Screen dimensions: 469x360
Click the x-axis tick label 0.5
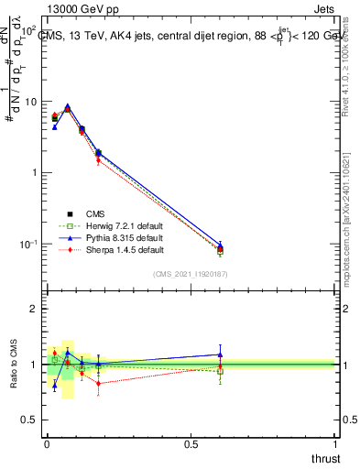click(191, 444)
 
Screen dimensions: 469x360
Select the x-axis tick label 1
click(336, 444)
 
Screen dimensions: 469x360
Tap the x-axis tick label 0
click(47, 444)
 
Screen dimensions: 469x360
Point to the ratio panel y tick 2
click(34, 309)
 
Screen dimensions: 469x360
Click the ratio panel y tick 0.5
click(30, 420)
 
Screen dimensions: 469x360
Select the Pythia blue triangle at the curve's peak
click(67, 105)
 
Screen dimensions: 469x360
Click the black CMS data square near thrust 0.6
click(220, 249)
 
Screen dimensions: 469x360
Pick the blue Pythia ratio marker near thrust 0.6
click(220, 354)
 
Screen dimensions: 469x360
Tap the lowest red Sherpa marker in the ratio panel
click(98, 383)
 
